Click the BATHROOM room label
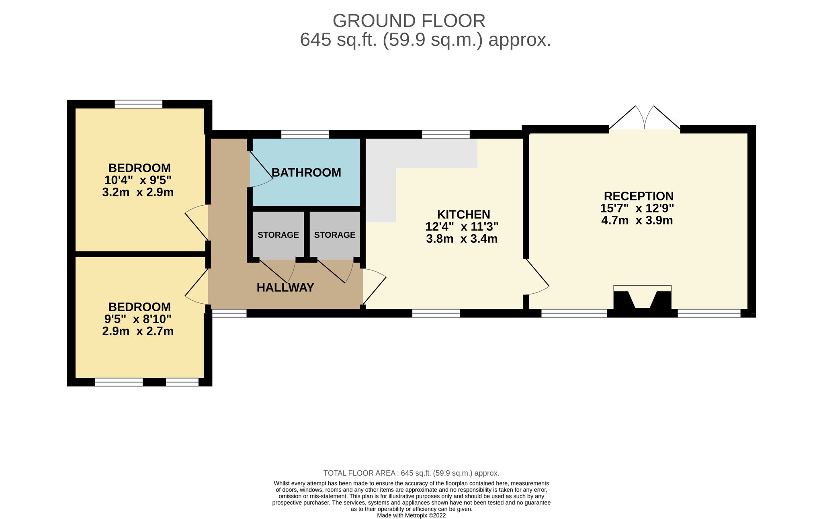pyautogui.click(x=306, y=173)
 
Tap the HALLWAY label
pyautogui.click(x=285, y=288)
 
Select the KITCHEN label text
pyautogui.click(x=463, y=215)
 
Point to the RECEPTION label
pyautogui.click(x=639, y=196)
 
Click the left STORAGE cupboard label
pyautogui.click(x=278, y=235)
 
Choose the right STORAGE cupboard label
pyautogui.click(x=335, y=235)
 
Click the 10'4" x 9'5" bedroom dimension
pyautogui.click(x=138, y=180)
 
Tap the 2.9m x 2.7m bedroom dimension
pyautogui.click(x=138, y=331)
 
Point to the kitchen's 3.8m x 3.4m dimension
pyautogui.click(x=462, y=239)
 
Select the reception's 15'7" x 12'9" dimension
pyautogui.click(x=637, y=208)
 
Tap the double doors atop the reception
pyautogui.click(x=645, y=118)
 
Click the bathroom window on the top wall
pyautogui.click(x=305, y=134)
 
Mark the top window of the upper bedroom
pyautogui.click(x=139, y=104)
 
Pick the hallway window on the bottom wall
pyautogui.click(x=229, y=313)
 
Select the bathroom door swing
pyautogui.click(x=261, y=169)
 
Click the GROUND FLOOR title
pyautogui.click(x=409, y=21)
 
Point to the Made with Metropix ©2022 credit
pyautogui.click(x=411, y=515)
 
